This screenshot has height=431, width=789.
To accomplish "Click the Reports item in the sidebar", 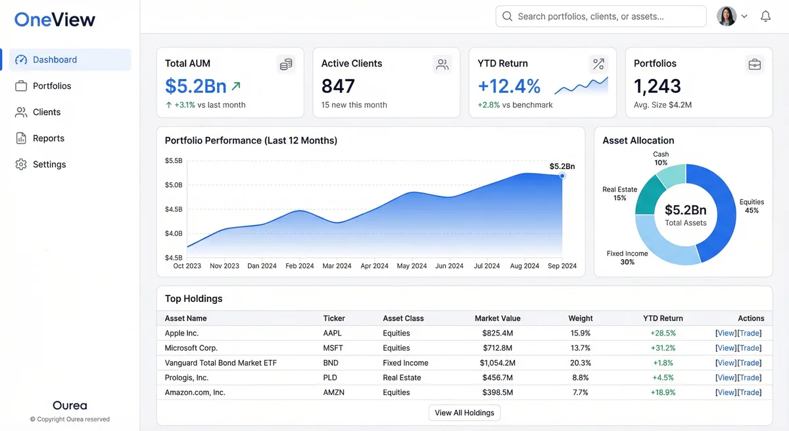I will pyautogui.click(x=48, y=138).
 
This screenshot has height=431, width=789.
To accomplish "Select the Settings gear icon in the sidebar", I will pyautogui.click(x=21, y=165).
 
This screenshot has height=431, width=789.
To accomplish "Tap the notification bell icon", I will pyautogui.click(x=765, y=16).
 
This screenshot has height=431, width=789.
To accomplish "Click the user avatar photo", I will pyautogui.click(x=727, y=16).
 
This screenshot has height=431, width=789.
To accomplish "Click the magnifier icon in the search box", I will pyautogui.click(x=507, y=16).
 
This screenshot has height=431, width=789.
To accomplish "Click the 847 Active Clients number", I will pyautogui.click(x=338, y=86).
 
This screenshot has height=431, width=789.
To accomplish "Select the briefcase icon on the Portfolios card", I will pyautogui.click(x=754, y=64).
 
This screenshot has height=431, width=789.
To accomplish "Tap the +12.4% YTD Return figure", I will pyautogui.click(x=509, y=86).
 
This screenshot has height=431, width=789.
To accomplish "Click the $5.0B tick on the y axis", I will pyautogui.click(x=174, y=185).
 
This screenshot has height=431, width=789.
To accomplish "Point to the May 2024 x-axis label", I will pyautogui.click(x=412, y=266).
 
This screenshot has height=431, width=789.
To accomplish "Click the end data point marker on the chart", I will pyautogui.click(x=562, y=176).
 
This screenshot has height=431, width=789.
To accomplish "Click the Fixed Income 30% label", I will pyautogui.click(x=627, y=257).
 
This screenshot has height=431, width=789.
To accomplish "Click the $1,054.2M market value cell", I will pyautogui.click(x=497, y=363).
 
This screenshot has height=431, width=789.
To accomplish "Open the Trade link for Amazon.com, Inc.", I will pyautogui.click(x=750, y=392).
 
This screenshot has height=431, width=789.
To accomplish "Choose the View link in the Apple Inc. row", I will pyautogui.click(x=726, y=333).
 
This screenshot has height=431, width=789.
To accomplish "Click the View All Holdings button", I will pyautogui.click(x=464, y=413).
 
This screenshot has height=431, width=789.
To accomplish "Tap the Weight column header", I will pyautogui.click(x=580, y=318).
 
